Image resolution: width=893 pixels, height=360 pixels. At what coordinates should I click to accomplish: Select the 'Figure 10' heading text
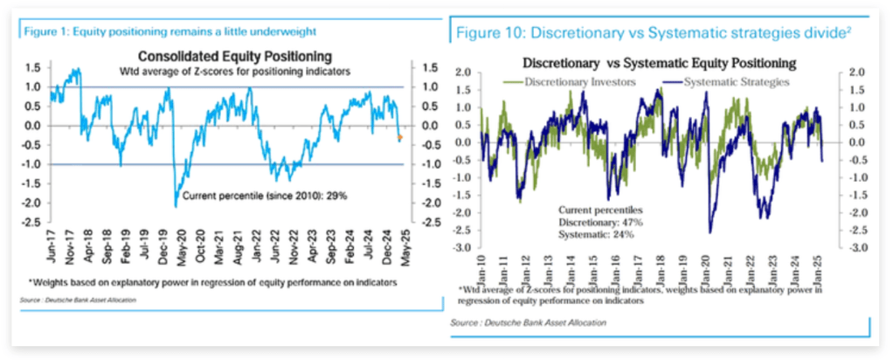click(x=646, y=34)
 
